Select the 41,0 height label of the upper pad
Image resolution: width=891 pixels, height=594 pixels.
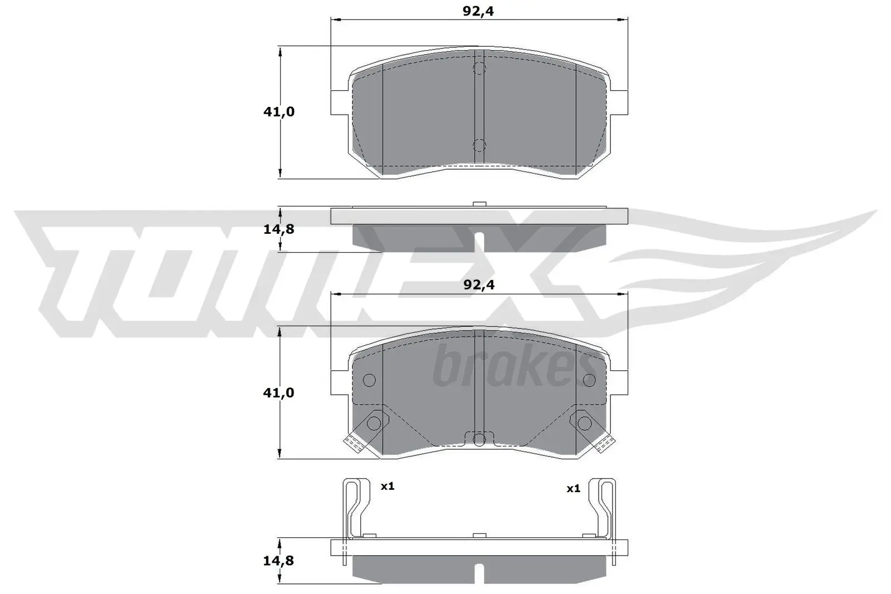[279, 112]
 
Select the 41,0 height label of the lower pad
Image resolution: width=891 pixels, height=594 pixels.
[278, 393]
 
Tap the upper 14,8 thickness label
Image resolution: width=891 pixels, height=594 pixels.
[278, 229]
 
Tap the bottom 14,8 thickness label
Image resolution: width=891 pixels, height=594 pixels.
[278, 561]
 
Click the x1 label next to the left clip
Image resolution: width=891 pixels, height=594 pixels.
[387, 487]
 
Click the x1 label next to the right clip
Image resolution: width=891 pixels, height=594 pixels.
[573, 489]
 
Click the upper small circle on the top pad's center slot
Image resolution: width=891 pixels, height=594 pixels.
[479, 68]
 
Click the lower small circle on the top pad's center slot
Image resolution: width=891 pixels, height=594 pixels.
[479, 145]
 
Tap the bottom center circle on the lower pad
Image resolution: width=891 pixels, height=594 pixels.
[479, 440]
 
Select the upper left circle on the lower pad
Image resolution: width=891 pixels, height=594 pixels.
[369, 380]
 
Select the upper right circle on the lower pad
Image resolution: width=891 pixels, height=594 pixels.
[589, 380]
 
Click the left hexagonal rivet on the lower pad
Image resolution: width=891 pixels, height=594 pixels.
[374, 424]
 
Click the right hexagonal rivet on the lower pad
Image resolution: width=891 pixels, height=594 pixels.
[584, 424]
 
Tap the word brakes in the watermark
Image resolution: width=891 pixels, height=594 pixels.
[507, 367]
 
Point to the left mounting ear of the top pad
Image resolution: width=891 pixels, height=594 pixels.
[339, 102]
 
